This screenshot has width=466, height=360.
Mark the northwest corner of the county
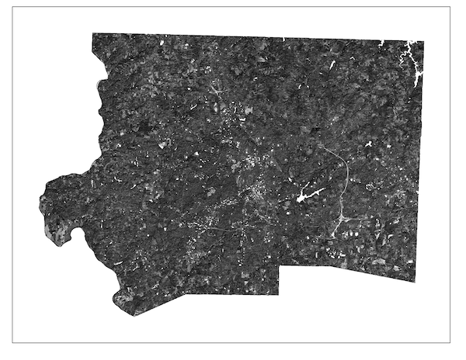(x=92, y=34)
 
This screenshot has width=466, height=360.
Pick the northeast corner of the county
(x=423, y=41)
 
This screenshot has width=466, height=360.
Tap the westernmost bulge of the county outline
(x=40, y=203)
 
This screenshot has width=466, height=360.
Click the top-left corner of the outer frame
(x=13, y=7)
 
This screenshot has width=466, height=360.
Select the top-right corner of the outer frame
(x=450, y=7)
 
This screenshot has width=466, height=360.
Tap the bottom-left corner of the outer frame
(x=13, y=342)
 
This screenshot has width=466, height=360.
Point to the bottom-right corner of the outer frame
(x=450, y=342)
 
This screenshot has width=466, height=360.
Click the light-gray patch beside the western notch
(x=54, y=229)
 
